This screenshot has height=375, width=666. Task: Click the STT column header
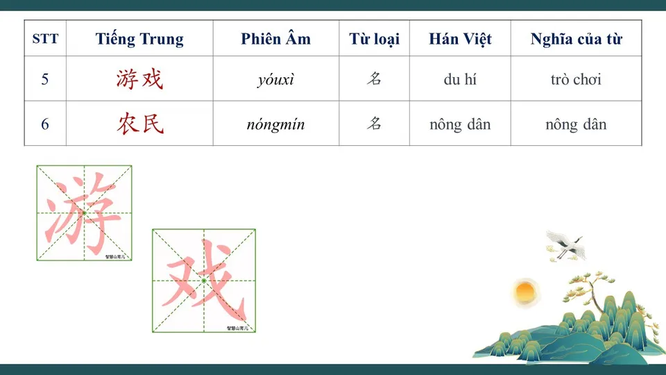tap(45, 39)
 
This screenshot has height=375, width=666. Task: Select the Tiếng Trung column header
tap(139, 39)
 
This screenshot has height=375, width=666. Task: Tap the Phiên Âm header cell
tap(275, 39)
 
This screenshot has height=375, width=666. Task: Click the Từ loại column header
tap(374, 39)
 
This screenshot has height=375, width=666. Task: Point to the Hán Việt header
tap(460, 39)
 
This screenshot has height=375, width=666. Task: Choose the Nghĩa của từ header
tap(576, 39)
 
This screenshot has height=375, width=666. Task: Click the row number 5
tap(45, 79)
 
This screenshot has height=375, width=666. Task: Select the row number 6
tap(45, 124)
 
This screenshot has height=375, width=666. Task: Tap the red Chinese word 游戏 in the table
tap(139, 79)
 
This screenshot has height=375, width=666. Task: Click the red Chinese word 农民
tap(139, 124)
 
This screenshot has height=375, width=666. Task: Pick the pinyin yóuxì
tap(275, 80)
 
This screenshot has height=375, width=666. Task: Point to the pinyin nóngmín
tap(275, 125)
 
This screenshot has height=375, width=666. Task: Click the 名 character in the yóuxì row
tap(374, 79)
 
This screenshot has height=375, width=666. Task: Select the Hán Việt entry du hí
tap(460, 79)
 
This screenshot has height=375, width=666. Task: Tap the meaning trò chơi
tap(576, 79)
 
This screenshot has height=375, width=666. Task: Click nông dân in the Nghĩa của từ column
tap(576, 124)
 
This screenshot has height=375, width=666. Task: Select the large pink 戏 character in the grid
tap(203, 281)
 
